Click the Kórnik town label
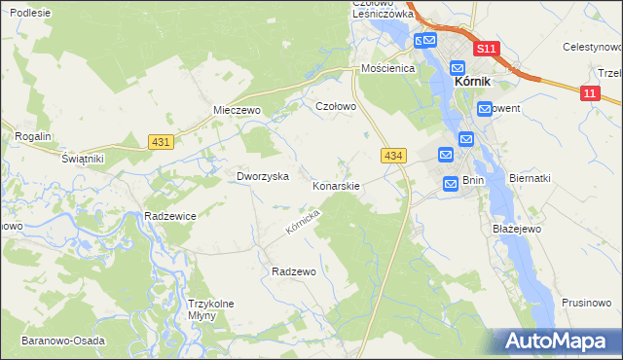[x=478, y=84]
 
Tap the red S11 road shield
[x=487, y=49]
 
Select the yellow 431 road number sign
[x=162, y=142]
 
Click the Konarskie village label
[x=336, y=185]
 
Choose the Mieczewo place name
[x=238, y=111]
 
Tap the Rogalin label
[x=32, y=137]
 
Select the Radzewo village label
[x=294, y=272]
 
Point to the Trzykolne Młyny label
[x=211, y=309]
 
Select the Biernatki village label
[x=530, y=179]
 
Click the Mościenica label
[x=388, y=69]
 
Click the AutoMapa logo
[x=557, y=342]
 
